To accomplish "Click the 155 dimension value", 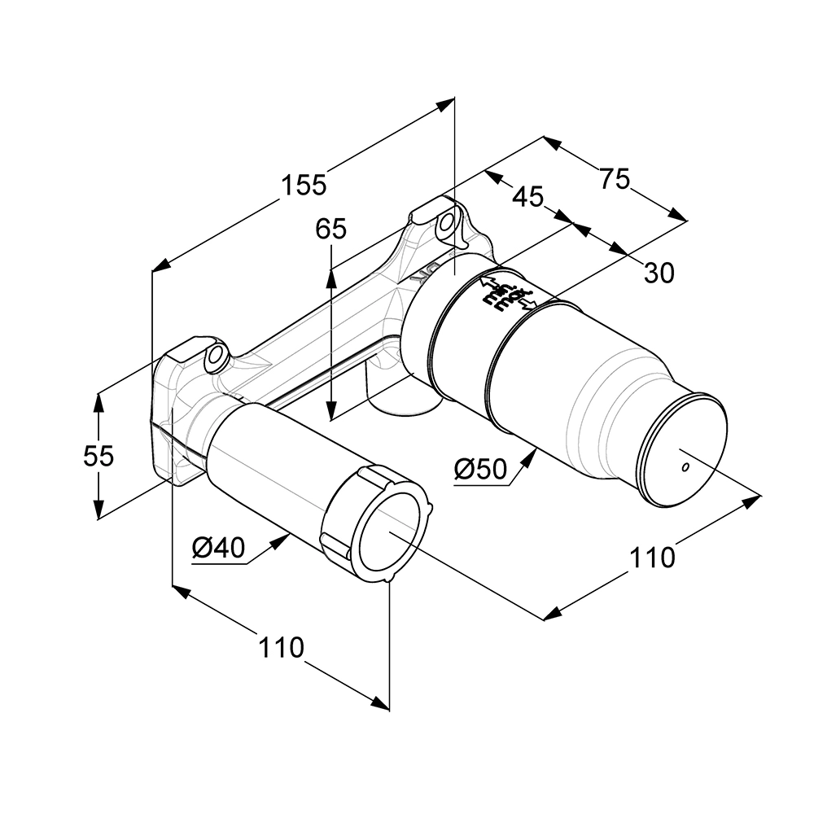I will tap(304, 186).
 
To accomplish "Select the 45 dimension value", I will tap(528, 196).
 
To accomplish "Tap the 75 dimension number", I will tap(615, 178).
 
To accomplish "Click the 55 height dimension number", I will tap(98, 456).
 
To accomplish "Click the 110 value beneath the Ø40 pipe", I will tap(281, 648).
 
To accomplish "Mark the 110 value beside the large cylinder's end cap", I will tap(652, 558).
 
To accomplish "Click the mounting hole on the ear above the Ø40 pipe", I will tap(217, 356).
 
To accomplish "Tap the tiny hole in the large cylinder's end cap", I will tap(685, 467).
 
